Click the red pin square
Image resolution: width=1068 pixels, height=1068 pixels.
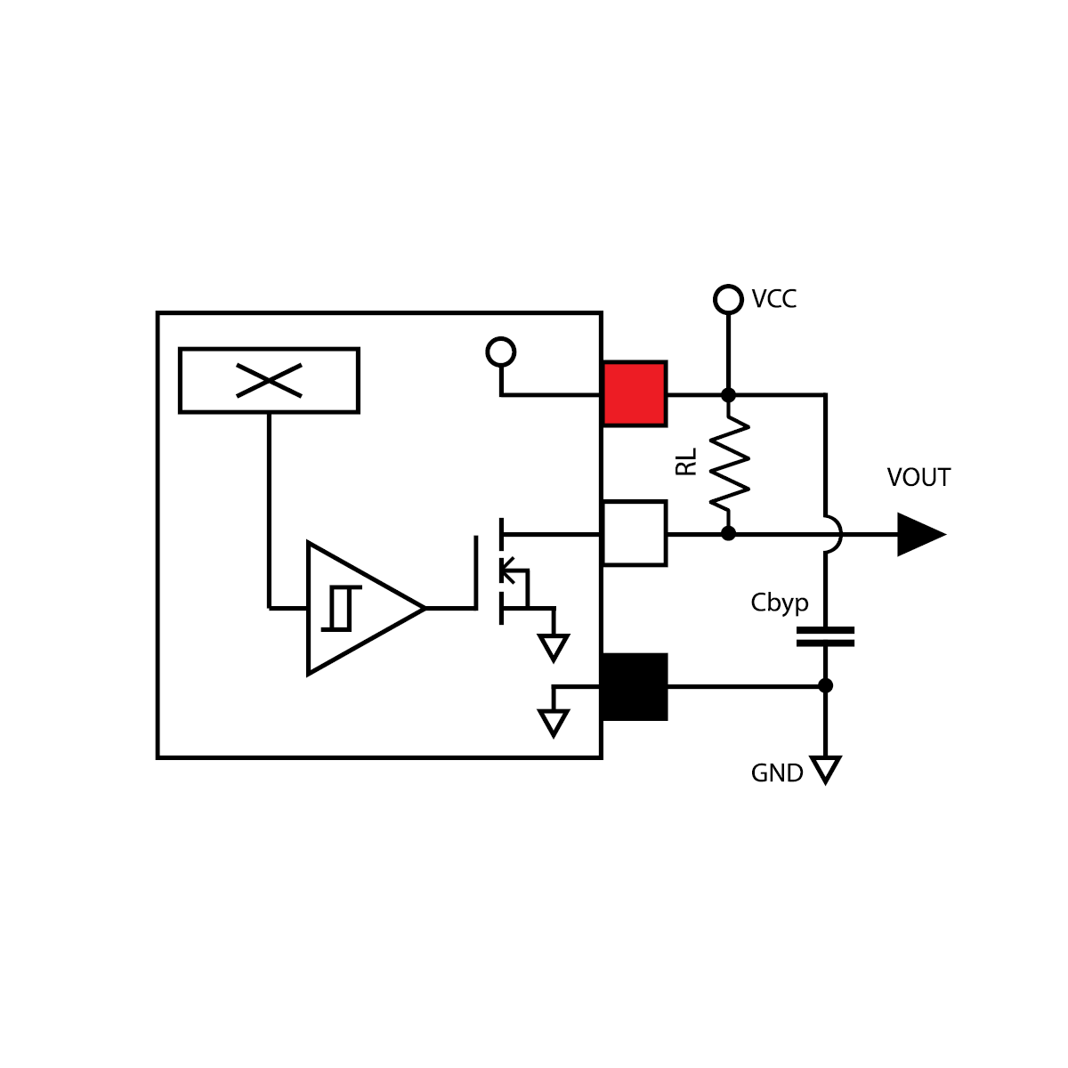pyautogui.click(x=635, y=393)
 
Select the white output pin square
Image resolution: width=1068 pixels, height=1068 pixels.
pyautogui.click(x=635, y=533)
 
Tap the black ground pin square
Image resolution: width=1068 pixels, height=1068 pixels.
pyautogui.click(x=635, y=686)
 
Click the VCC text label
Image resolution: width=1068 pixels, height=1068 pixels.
pyautogui.click(x=773, y=299)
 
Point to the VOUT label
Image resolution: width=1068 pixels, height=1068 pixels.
pyautogui.click(x=918, y=478)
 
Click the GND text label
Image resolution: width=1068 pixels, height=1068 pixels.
pyautogui.click(x=777, y=773)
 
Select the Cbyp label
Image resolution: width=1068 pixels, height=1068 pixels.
pyautogui.click(x=780, y=603)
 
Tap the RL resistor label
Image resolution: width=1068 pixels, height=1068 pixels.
pyautogui.click(x=686, y=462)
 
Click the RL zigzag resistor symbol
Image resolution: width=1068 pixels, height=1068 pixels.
pyautogui.click(x=730, y=464)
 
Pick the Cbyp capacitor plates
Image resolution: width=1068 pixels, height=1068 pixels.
pyautogui.click(x=825, y=636)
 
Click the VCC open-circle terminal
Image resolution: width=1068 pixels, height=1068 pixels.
pyautogui.click(x=728, y=299)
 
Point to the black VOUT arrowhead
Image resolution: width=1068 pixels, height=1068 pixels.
pyautogui.click(x=919, y=534)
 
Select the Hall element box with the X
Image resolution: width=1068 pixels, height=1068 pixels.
pyautogui.click(x=269, y=381)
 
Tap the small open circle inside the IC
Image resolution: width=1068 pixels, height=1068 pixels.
pyautogui.click(x=501, y=352)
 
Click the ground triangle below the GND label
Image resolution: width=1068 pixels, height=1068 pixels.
pyautogui.click(x=825, y=768)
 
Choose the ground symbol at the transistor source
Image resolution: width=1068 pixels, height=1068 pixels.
pyautogui.click(x=554, y=647)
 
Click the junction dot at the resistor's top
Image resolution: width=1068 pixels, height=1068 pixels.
pyautogui.click(x=728, y=394)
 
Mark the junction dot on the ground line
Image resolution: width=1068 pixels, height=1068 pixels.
pyautogui.click(x=825, y=685)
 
